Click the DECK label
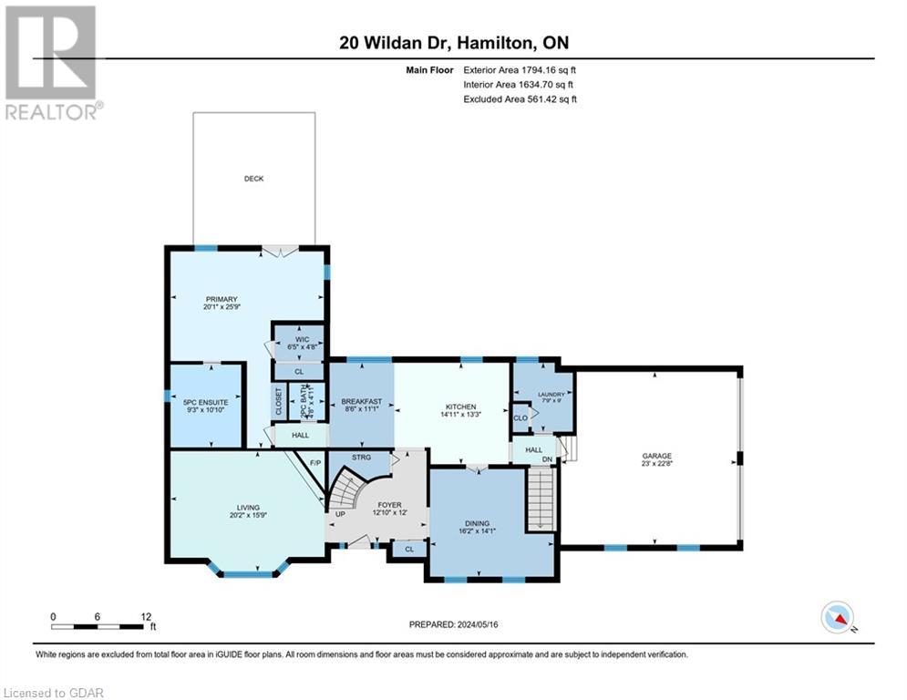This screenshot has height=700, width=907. pos(253,179)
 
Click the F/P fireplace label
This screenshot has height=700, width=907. pos(316,464)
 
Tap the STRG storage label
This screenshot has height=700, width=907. pos(361,458)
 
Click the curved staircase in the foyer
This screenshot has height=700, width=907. pos(346,497)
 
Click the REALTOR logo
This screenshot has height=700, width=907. pos(52,62)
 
